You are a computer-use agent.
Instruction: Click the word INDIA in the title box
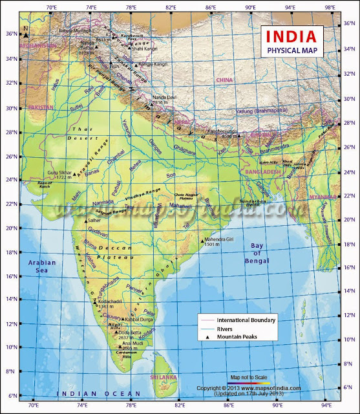click(288, 36)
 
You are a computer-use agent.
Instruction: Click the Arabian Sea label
click(41, 267)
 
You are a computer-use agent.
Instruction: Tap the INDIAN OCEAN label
click(98, 394)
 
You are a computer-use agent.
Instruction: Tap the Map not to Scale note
click(249, 376)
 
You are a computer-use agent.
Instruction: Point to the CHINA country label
click(224, 80)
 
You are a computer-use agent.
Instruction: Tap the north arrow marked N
click(25, 31)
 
